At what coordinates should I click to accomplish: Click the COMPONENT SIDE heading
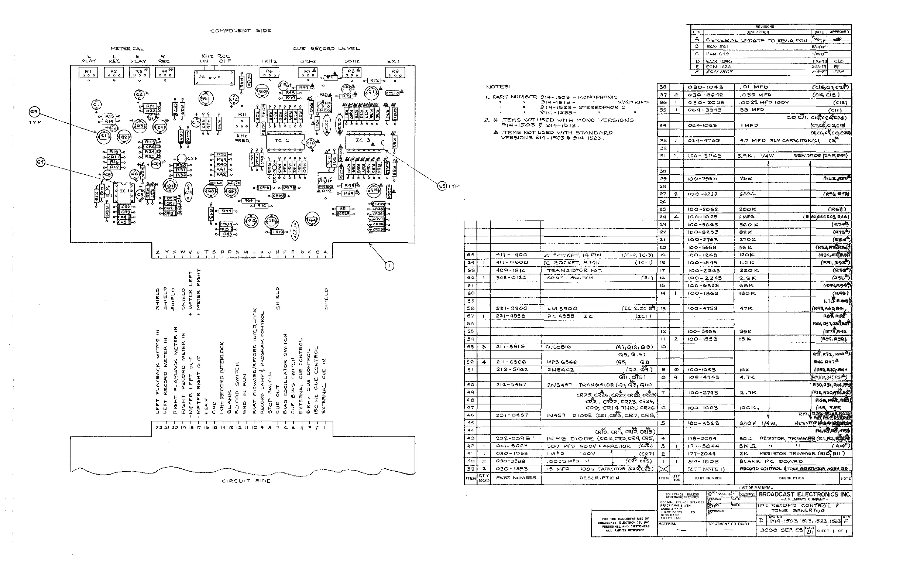(241, 31)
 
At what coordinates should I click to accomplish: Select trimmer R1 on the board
(88, 72)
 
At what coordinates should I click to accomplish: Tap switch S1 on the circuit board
(214, 78)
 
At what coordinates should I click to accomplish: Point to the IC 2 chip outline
(285, 141)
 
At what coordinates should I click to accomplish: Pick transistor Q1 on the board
(103, 136)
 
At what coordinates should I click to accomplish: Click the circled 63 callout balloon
(34, 112)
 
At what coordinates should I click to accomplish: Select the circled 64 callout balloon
(41, 162)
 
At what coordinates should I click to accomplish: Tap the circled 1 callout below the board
(389, 266)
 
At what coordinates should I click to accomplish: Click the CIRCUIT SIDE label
(246, 481)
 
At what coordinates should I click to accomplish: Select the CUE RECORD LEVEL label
(326, 49)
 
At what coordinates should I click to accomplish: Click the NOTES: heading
(498, 87)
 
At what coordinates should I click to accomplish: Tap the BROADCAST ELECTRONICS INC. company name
(804, 494)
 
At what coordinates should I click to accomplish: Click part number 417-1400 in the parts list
(511, 255)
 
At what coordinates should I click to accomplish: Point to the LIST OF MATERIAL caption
(755, 487)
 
